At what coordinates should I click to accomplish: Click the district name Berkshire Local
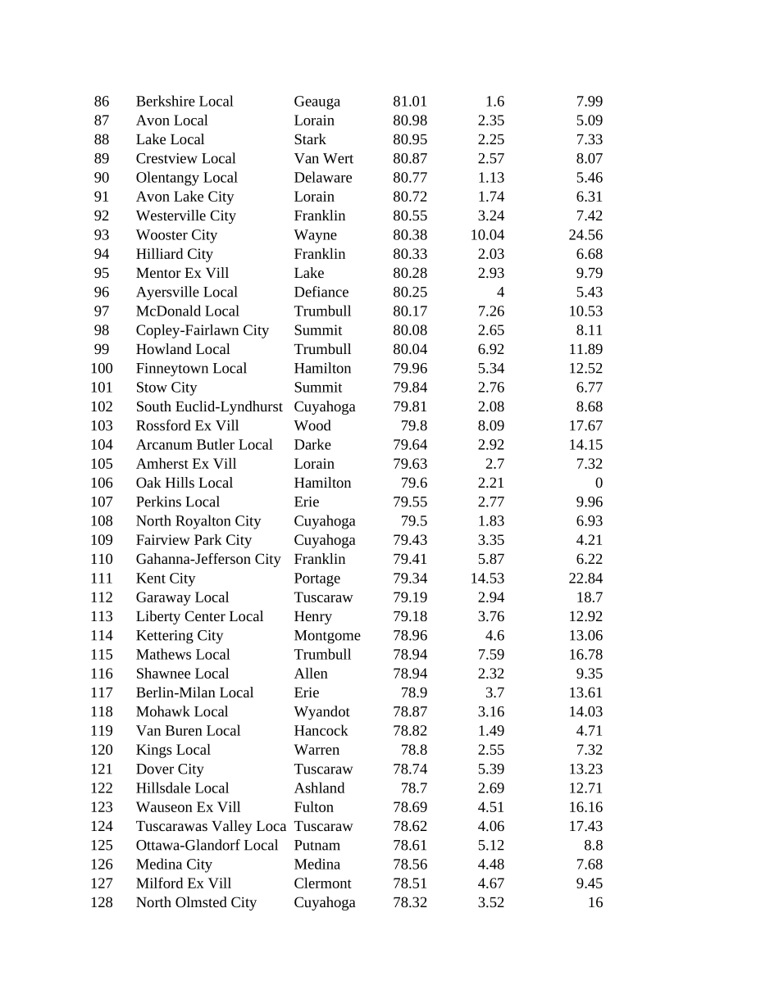click(184, 102)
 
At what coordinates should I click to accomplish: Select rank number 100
click(102, 369)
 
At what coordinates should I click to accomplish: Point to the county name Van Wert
click(324, 159)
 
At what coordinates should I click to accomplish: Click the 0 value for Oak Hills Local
click(599, 484)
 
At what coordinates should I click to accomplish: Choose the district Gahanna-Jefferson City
click(208, 560)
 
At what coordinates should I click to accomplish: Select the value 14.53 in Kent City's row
click(487, 579)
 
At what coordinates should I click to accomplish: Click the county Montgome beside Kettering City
click(327, 636)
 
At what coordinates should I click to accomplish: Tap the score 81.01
click(410, 102)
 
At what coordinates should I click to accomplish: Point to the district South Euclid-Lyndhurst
click(209, 407)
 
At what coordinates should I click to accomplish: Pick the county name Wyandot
click(321, 712)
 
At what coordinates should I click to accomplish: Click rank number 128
click(102, 903)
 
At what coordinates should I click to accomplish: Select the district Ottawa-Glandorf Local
click(207, 846)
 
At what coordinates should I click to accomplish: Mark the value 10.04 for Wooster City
click(487, 235)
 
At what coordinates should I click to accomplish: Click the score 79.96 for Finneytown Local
click(410, 369)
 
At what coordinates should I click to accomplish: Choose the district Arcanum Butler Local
click(204, 445)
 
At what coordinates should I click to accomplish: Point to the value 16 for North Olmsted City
click(595, 903)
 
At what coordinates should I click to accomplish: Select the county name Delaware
click(323, 178)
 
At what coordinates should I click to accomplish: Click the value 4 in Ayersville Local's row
click(500, 293)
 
